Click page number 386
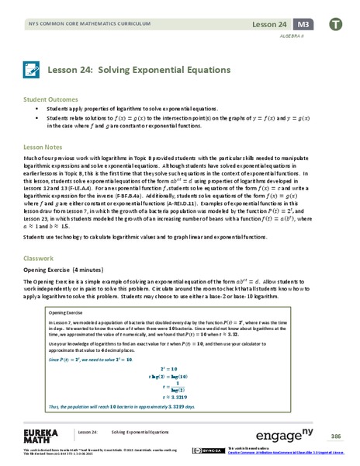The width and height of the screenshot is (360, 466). pyautogui.click(x=336, y=436)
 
